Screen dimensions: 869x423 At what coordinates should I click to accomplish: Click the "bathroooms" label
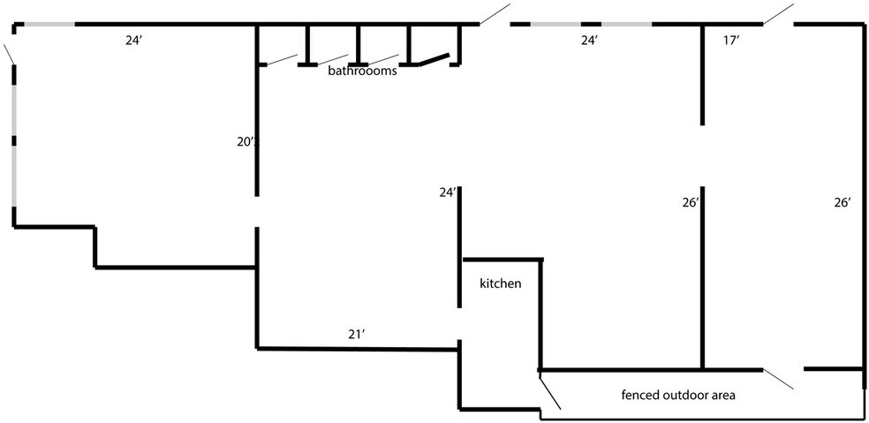tap(362, 71)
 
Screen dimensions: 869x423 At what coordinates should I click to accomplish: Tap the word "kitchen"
tap(501, 283)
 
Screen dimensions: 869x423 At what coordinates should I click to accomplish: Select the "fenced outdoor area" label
tap(678, 396)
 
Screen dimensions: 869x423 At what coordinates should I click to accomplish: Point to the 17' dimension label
tap(731, 41)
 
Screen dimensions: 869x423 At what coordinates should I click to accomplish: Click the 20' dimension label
tap(246, 142)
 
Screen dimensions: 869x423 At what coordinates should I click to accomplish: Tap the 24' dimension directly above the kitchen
tap(448, 193)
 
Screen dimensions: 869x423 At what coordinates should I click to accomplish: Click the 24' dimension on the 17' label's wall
tap(590, 41)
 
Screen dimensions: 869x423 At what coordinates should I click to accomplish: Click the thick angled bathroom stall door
tap(434, 60)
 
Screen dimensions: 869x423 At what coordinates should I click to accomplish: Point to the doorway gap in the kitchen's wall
tap(459, 324)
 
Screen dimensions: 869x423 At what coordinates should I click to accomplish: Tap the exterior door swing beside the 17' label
tap(778, 14)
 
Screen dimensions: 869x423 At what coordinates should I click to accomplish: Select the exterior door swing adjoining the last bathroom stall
tap(495, 14)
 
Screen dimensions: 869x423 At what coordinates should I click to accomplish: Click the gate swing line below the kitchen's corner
tap(550, 391)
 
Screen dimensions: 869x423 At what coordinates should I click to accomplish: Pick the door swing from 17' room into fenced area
tap(778, 378)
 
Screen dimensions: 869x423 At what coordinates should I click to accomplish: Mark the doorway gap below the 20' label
tap(257, 212)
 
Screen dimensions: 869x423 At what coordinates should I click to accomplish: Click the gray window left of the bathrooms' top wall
tap(49, 25)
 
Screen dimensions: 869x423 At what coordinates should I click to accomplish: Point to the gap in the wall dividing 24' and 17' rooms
tap(702, 155)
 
